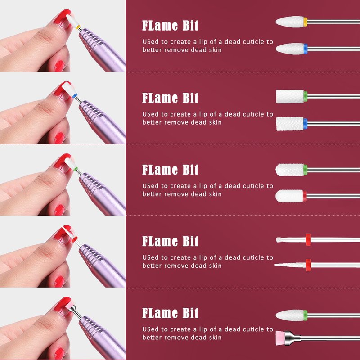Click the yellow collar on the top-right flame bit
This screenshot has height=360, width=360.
pos(306,22)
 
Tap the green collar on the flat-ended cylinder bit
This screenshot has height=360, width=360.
pos(306,96)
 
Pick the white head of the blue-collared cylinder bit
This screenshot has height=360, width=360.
pos(290,124)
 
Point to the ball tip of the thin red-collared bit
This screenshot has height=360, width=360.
pos(279,240)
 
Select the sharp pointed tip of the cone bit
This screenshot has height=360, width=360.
pos(275,265)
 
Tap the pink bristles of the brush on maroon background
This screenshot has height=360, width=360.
pos(280,337)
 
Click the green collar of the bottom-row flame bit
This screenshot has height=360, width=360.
pos(306,315)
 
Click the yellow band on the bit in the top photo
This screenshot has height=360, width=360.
pos(78,27)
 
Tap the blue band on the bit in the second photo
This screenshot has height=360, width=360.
pos(75,95)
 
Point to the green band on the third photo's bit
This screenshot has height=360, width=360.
pos(76,169)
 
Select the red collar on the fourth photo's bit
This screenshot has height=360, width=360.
pos(74,239)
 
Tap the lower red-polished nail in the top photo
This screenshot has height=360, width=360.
pos(59,66)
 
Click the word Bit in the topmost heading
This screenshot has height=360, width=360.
pos(190,26)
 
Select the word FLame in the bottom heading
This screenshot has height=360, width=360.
pos(160,313)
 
